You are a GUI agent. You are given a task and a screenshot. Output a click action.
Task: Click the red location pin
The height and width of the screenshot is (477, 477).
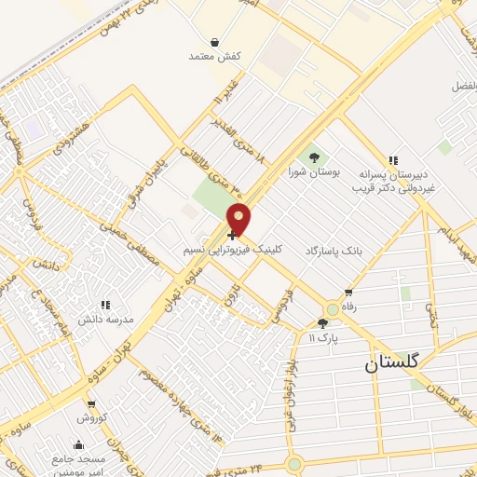(238, 218)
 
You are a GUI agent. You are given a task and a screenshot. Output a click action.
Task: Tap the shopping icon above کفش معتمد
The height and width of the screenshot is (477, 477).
(215, 42)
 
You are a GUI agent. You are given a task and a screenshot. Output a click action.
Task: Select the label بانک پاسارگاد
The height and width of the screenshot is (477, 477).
(330, 252)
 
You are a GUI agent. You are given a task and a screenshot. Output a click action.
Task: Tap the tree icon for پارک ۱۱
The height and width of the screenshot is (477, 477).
(322, 323)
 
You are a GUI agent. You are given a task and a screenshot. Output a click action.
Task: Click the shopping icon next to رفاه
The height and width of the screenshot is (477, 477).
(348, 293)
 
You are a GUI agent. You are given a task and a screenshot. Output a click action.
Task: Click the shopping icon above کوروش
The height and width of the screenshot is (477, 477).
(91, 404)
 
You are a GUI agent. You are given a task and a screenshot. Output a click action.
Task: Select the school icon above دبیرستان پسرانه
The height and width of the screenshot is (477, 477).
(393, 159)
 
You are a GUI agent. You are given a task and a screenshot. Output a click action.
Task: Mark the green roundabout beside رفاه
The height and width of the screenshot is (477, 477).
(333, 309)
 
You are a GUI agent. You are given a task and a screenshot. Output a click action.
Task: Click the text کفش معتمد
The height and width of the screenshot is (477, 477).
(216, 57)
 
